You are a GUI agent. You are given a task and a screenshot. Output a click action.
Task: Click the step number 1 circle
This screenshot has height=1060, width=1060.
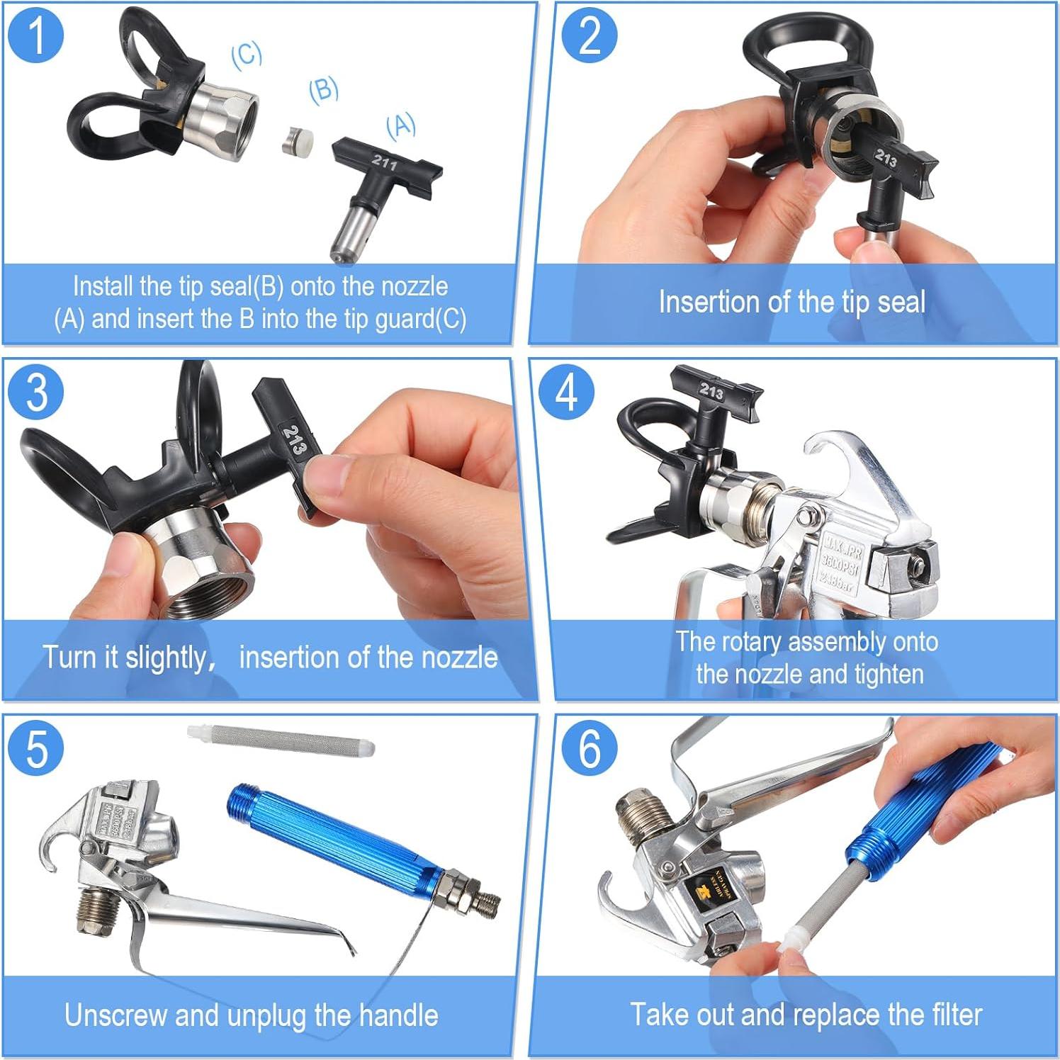click(36, 35)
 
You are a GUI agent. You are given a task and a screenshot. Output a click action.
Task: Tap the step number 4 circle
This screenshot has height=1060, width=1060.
click(566, 391)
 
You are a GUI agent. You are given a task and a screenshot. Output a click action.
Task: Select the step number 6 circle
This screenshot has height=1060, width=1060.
click(590, 748)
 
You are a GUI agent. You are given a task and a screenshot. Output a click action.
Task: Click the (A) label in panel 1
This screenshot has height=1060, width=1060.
click(401, 125)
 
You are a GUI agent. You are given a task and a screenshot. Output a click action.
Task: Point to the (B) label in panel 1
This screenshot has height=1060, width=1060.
click(323, 90)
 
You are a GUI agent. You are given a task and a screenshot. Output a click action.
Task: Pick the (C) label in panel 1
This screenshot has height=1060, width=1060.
click(247, 55)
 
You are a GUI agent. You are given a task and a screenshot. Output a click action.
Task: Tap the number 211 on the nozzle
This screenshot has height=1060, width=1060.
click(384, 163)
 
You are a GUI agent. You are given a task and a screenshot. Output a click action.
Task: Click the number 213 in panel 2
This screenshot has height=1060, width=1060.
click(886, 158)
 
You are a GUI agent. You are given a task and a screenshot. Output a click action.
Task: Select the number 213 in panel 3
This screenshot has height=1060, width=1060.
click(294, 439)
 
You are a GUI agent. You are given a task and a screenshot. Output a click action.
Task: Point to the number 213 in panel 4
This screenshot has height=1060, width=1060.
click(711, 390)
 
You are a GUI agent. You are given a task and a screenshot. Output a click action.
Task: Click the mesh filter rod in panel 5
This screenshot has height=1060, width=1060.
click(281, 740)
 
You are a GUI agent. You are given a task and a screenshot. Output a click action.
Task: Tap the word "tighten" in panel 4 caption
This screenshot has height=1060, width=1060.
click(889, 674)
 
